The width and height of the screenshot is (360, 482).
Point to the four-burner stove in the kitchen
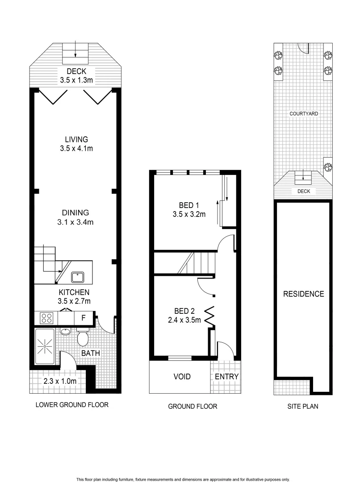pos(47,318)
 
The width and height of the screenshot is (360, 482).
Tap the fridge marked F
pos(83,319)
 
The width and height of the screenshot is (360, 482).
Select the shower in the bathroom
pos(45,346)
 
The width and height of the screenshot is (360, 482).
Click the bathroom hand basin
pos(65,332)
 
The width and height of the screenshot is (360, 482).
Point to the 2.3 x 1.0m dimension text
pos(60,381)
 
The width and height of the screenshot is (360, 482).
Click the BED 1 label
pos(188,205)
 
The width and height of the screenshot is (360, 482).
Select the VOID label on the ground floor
pos(182,377)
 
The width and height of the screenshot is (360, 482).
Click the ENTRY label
pos(227,377)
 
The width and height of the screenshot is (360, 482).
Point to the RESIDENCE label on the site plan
pos(303,294)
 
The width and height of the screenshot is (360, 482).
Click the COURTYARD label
pos(303,114)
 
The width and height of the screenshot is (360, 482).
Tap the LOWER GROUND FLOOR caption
pos(72,405)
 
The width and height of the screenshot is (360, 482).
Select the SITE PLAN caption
pos(302,407)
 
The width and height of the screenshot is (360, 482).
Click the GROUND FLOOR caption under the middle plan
pos(193,407)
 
